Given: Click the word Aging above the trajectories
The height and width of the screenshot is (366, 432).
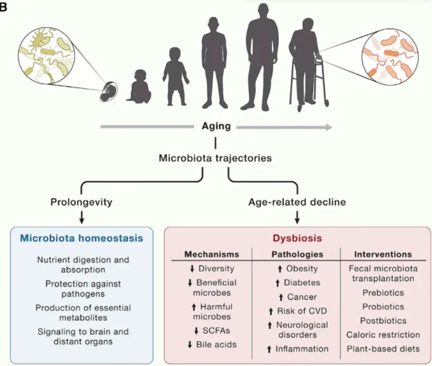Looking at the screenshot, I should [215, 127].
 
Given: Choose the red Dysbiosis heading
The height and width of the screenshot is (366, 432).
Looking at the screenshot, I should [296, 238].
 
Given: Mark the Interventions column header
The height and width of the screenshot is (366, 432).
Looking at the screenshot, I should [383, 254].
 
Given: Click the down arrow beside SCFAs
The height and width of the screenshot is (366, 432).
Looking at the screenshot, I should [197, 330].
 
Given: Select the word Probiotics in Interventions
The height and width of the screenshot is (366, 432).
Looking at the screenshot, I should [382, 307].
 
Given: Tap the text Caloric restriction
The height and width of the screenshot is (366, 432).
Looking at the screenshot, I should [383, 335].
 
